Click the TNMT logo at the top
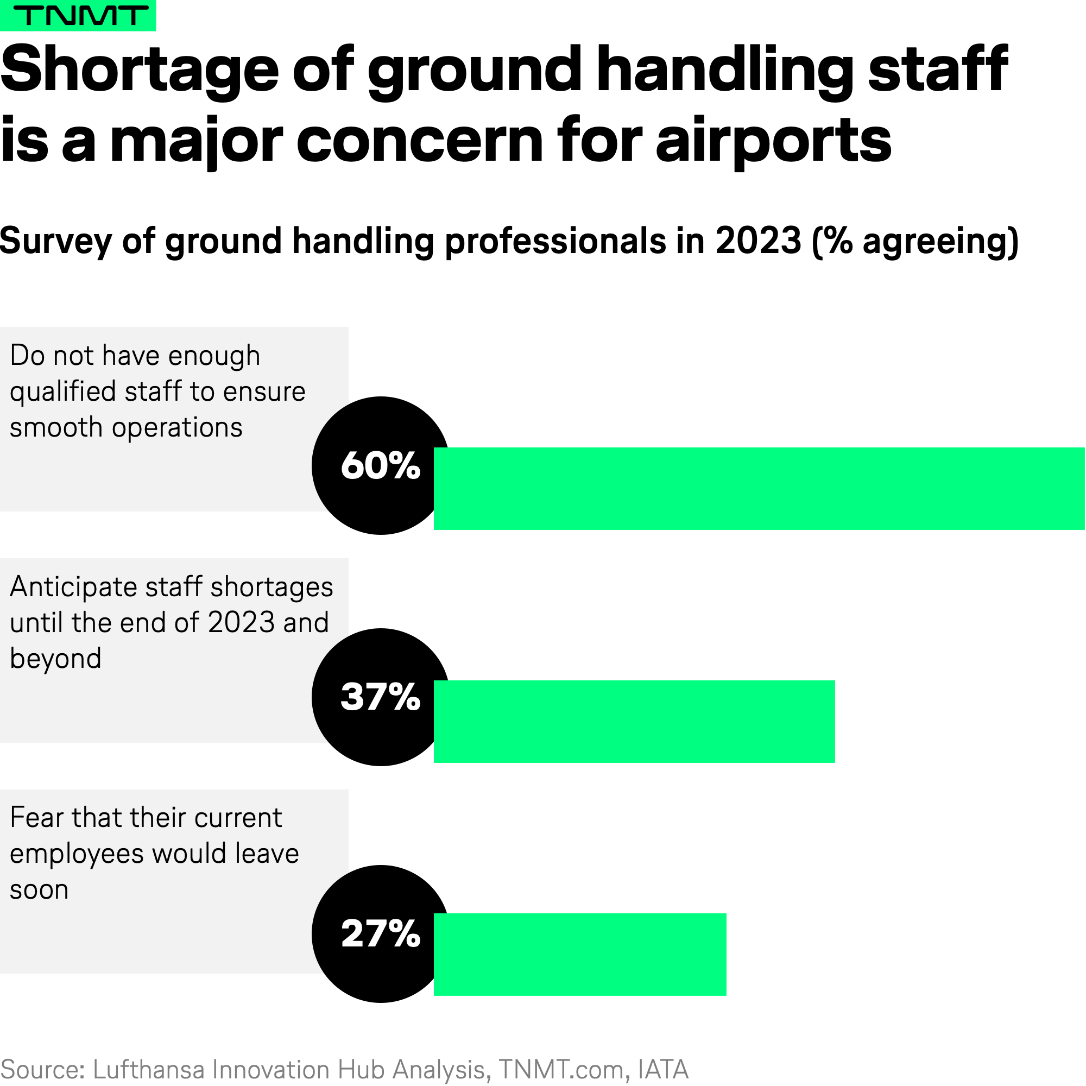(x=78, y=15)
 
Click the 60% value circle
(x=381, y=465)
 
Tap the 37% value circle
(x=381, y=697)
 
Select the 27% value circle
(x=381, y=933)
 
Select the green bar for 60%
(x=759, y=489)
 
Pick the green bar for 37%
(x=634, y=721)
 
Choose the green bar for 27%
(x=580, y=955)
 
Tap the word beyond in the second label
(x=55, y=658)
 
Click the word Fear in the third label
(x=36, y=817)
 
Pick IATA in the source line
(x=664, y=1069)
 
